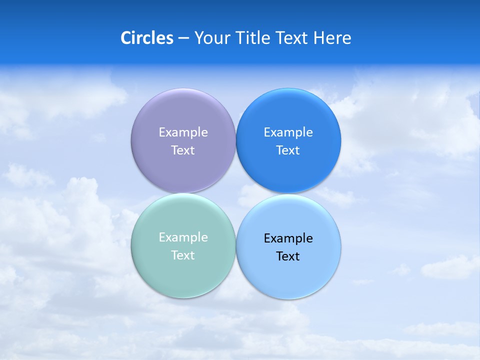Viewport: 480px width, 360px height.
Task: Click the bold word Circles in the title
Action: tap(146, 38)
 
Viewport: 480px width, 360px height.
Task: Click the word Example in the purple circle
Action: tap(183, 132)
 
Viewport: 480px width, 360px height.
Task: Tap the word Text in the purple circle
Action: tap(183, 150)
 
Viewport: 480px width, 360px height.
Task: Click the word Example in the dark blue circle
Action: tap(288, 132)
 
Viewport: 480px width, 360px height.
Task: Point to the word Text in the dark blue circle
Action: tap(288, 150)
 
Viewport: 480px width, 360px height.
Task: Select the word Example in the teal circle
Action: tap(183, 237)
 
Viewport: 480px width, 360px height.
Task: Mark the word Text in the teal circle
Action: tap(183, 255)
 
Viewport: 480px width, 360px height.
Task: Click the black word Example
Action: tap(288, 238)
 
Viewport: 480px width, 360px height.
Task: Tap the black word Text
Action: tap(288, 256)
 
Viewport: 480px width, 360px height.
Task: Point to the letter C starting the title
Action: tap(126, 38)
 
